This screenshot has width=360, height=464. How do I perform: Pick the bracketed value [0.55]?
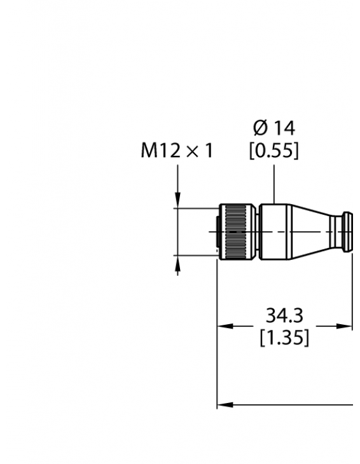(274, 151)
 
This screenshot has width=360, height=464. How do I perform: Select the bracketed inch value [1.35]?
(284, 338)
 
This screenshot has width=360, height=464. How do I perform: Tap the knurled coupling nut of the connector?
(237, 231)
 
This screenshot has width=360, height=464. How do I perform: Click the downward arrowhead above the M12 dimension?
(177, 200)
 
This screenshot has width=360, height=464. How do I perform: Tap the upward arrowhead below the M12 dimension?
(177, 263)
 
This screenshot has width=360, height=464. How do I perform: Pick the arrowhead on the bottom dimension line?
(223, 404)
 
